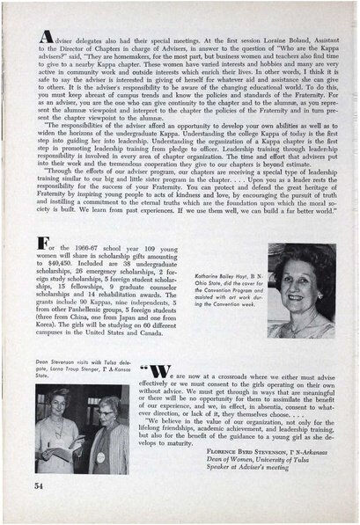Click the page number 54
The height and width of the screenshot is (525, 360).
tap(40, 485)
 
